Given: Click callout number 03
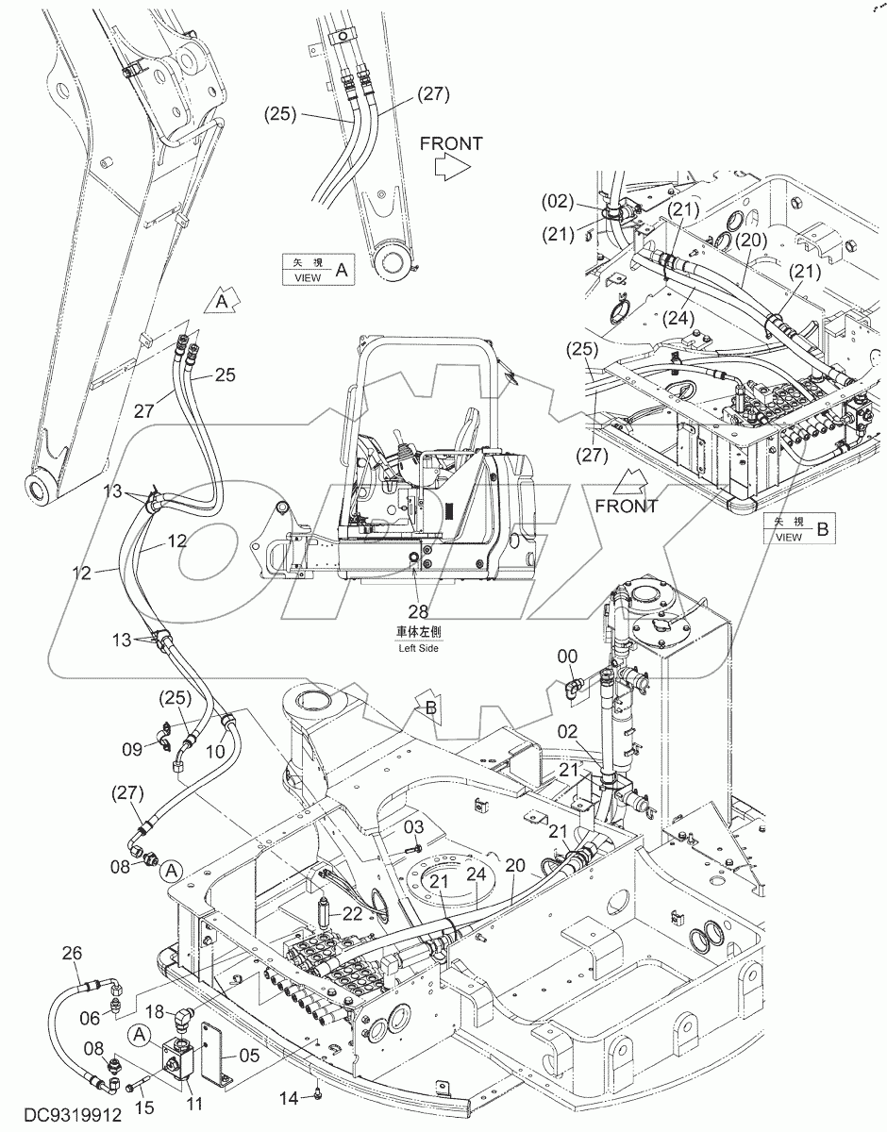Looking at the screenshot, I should (414, 827).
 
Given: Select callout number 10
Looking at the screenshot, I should (215, 751).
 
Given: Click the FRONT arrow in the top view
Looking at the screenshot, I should (450, 157).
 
